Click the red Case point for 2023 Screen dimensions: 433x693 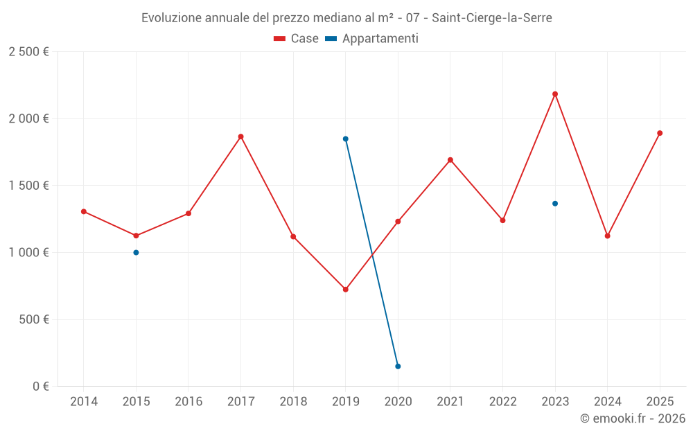click(555, 94)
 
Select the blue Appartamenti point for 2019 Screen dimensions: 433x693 click(346, 139)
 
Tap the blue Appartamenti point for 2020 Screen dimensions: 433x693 click(398, 366)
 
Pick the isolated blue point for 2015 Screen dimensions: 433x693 click(136, 252)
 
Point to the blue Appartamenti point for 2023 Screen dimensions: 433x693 click(555, 204)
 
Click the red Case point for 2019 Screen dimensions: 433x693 click(346, 290)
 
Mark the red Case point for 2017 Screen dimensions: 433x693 click(241, 136)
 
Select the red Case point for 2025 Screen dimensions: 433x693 click(660, 133)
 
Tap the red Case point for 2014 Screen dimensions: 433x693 click(84, 211)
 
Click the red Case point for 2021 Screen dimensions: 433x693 click(450, 160)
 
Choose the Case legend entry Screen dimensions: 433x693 click(297, 39)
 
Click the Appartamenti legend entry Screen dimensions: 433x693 click(372, 39)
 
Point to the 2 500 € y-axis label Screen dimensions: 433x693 click(28, 52)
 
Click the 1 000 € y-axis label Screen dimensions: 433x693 click(28, 253)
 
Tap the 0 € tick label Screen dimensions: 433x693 click(38, 387)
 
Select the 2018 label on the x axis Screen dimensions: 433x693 click(293, 402)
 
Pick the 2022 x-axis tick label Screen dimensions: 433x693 click(502, 402)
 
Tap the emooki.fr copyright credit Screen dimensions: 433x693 click(632, 418)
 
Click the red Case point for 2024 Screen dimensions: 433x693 click(608, 236)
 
